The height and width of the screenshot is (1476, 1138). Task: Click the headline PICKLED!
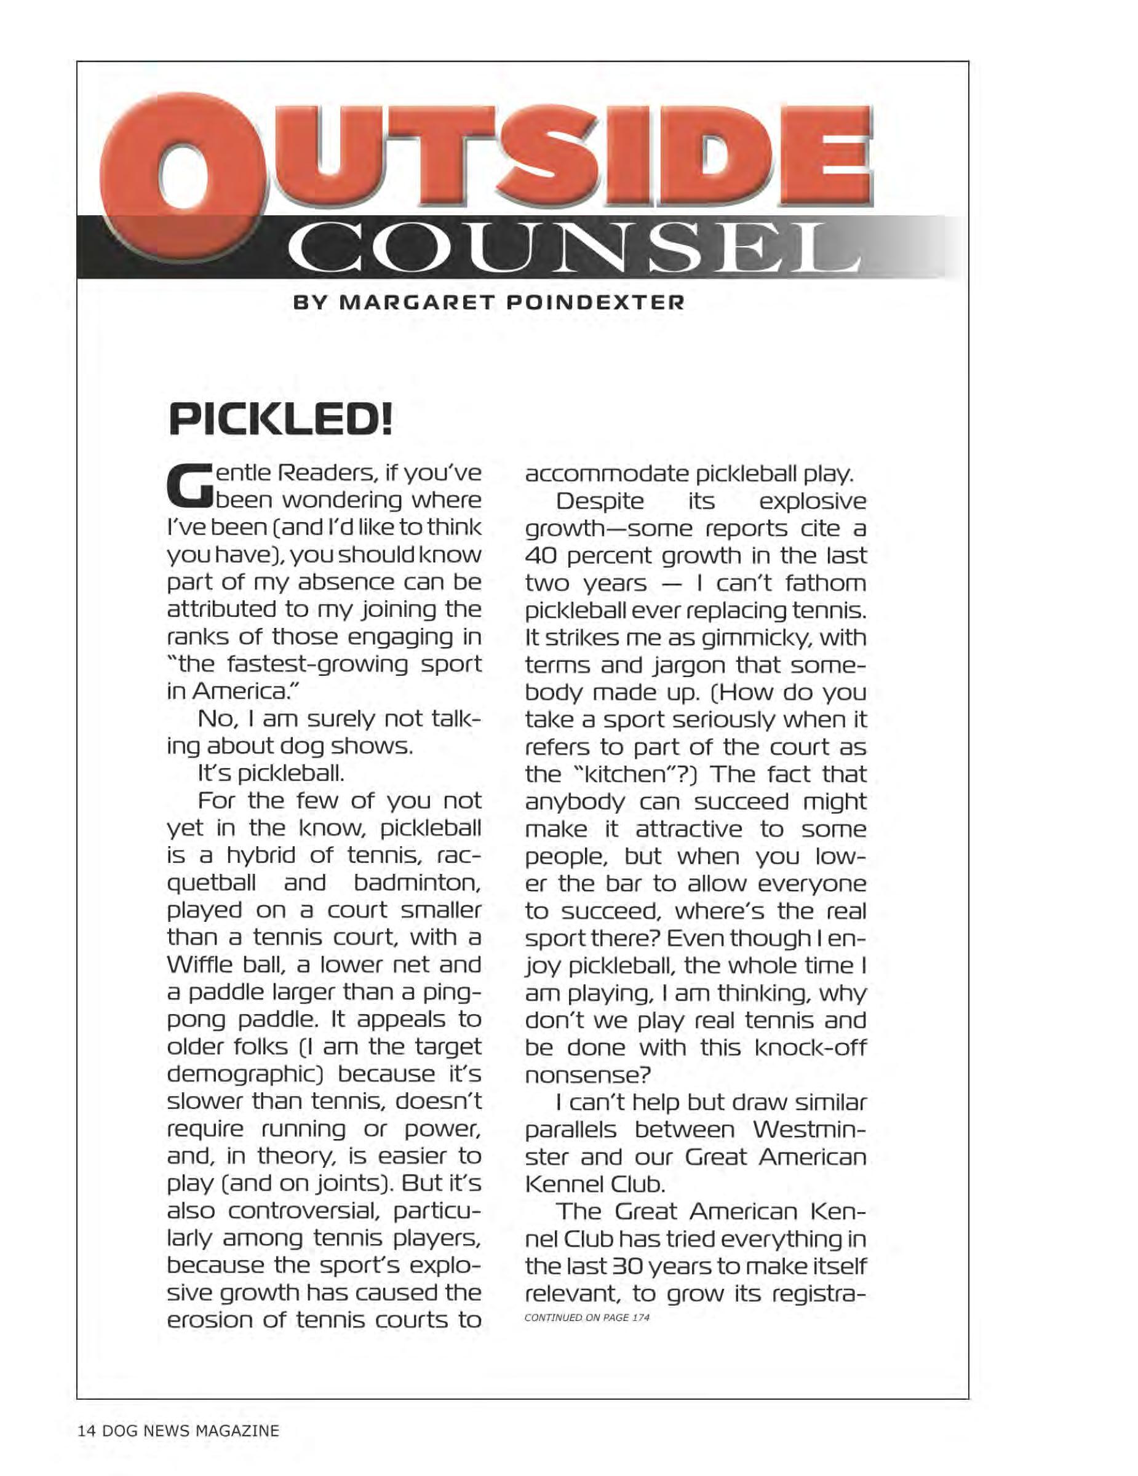280,419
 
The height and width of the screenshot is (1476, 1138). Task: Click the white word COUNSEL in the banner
575,248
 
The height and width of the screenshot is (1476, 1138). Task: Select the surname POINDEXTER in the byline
595,302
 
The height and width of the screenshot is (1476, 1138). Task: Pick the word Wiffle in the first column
199,964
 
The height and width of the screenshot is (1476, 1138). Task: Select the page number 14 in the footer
87,1430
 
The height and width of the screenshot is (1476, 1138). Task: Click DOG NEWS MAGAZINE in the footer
191,1430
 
